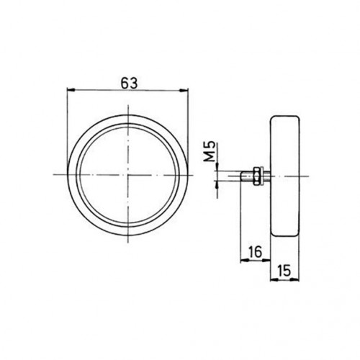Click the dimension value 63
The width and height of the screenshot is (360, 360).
pos(129,84)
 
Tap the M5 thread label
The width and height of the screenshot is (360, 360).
pos(210,151)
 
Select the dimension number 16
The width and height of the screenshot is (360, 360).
pos(255,252)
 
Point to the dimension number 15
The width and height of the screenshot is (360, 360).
pos(284,271)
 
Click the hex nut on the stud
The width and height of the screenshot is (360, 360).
pos(256,176)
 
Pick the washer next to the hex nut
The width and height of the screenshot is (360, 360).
pos(262,176)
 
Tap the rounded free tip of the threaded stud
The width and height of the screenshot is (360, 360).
pos(241,176)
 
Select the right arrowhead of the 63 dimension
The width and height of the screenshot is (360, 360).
pos(184,90)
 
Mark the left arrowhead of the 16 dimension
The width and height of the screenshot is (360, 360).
pos(244,260)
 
